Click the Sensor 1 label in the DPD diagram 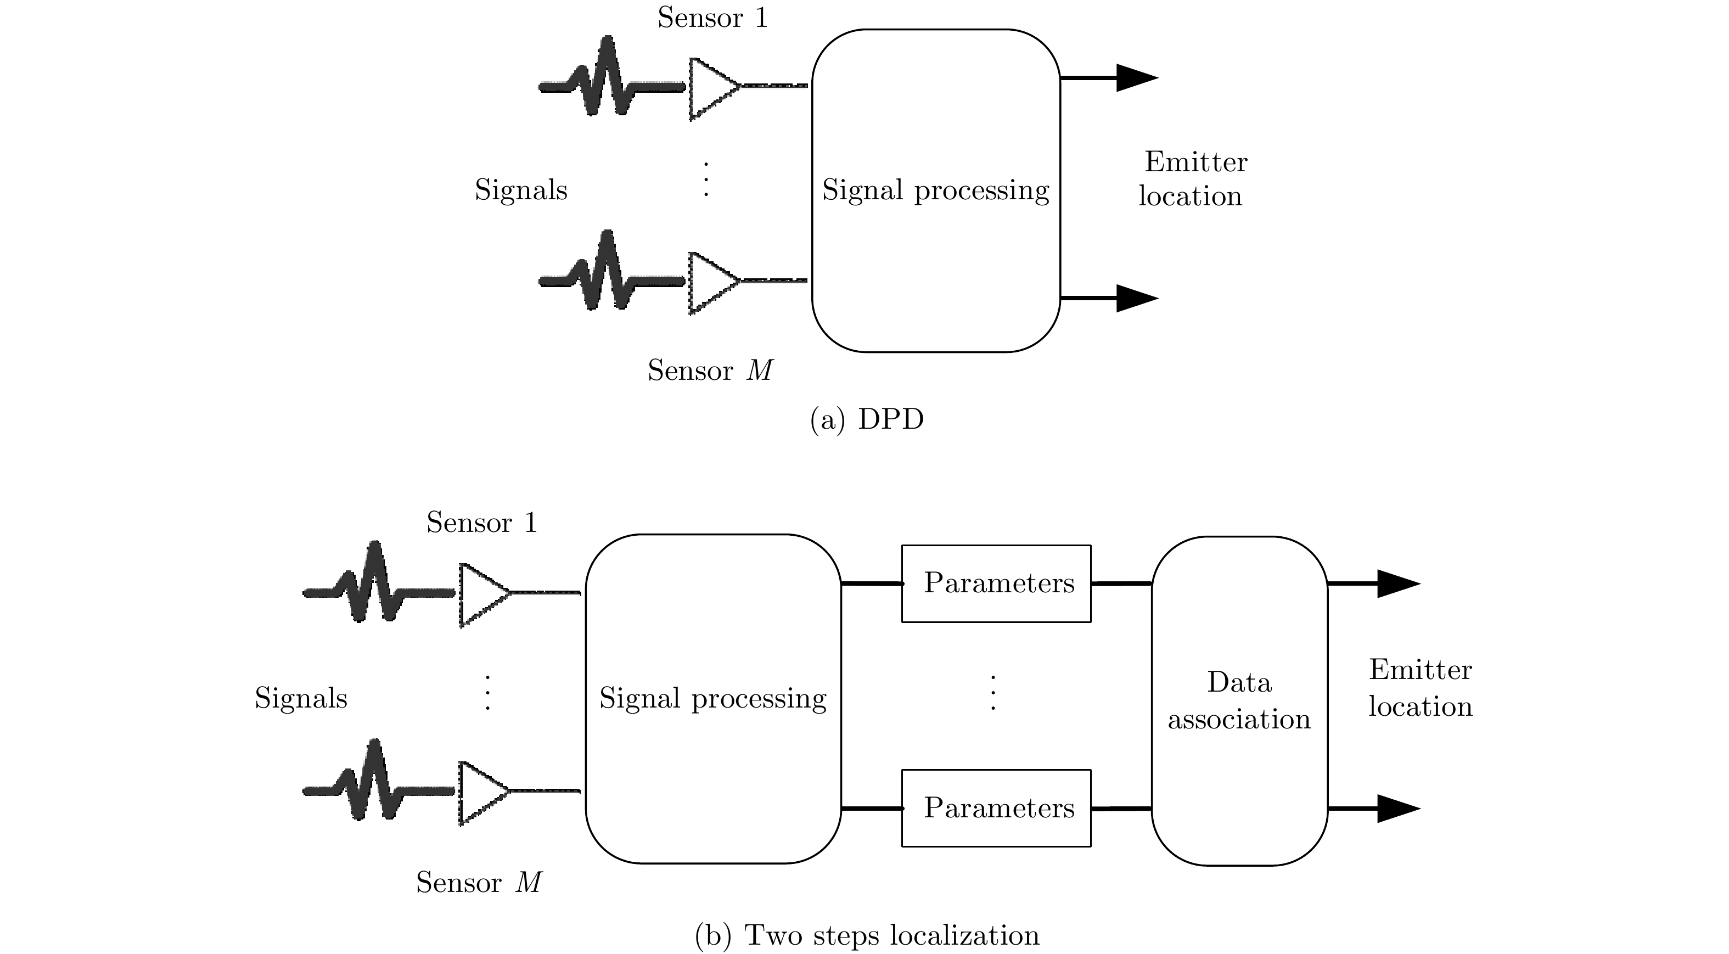[x=712, y=18]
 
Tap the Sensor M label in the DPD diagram [x=710, y=371]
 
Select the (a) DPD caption [x=867, y=419]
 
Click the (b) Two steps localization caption [x=867, y=935]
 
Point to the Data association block [x=1239, y=700]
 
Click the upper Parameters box [x=996, y=583]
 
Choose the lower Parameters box [x=996, y=807]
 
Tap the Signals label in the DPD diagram [x=521, y=190]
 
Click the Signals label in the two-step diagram [x=301, y=698]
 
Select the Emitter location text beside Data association [x=1421, y=688]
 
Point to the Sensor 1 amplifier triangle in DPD [x=711, y=88]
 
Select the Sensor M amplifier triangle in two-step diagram [x=482, y=792]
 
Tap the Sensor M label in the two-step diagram [x=479, y=883]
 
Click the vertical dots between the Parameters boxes [x=993, y=693]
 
